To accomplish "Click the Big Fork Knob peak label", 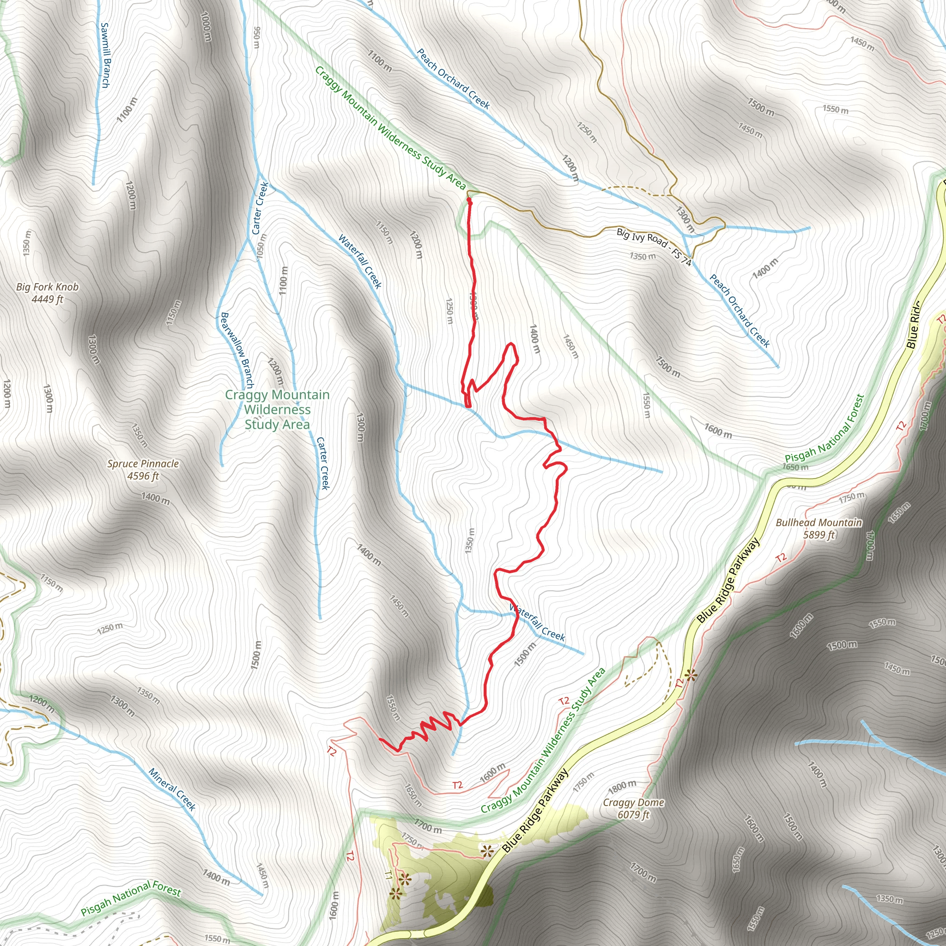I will [x=47, y=292].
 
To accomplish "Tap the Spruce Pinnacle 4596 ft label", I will [x=143, y=470].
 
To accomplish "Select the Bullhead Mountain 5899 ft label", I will [x=819, y=528].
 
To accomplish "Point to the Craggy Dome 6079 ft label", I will [x=634, y=808].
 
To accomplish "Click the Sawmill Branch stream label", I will [x=105, y=55].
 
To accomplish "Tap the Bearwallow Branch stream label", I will [x=237, y=350].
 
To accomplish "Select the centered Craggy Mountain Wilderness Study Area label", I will [x=277, y=409].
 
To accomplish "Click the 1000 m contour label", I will [x=206, y=26].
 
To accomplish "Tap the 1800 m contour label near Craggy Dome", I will [x=622, y=787].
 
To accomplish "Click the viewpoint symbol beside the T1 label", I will [x=405, y=879].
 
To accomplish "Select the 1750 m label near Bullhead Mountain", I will [x=852, y=497].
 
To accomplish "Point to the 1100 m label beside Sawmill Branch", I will [x=127, y=109].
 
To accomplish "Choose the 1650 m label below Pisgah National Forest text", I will [x=795, y=467].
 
